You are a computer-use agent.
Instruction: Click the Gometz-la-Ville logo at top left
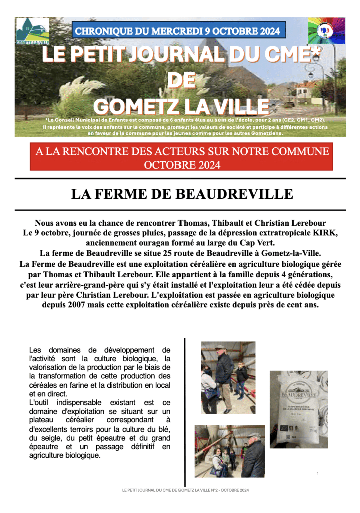(x=32, y=31)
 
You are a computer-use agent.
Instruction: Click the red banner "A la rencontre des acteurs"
(x=182, y=157)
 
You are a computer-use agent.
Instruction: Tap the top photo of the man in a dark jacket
(x=228, y=370)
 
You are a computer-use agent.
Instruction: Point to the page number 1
(x=318, y=473)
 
